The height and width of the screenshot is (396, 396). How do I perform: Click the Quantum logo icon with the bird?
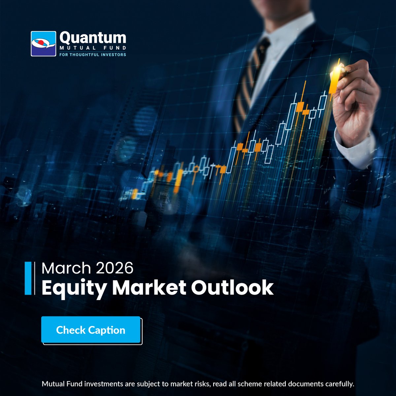[44, 44]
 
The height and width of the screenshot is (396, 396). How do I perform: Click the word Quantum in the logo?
[93, 38]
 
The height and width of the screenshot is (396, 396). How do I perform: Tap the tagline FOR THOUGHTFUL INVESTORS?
[92, 54]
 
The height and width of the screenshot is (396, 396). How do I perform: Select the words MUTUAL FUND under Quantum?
[92, 48]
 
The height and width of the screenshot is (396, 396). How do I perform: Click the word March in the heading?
[66, 268]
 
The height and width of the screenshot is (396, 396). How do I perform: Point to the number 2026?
[115, 268]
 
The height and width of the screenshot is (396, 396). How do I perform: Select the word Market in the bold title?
[149, 288]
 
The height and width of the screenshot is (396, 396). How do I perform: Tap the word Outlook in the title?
[232, 288]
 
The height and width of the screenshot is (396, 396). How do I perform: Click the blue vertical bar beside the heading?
[28, 278]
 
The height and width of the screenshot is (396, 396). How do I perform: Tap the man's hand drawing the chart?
[355, 99]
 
